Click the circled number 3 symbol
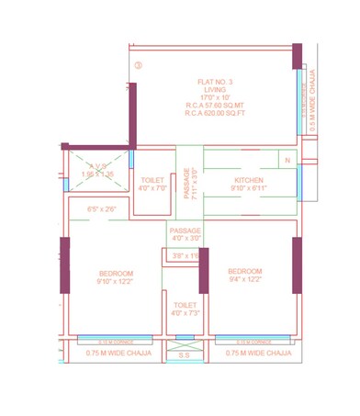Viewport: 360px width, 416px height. (138, 65)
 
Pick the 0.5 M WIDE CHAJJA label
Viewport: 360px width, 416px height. (314, 100)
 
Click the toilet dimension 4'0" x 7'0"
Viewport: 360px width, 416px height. (152, 188)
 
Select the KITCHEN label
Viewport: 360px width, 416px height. (249, 180)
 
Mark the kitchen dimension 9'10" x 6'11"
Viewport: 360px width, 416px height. (249, 189)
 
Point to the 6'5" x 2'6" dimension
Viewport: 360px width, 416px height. (101, 210)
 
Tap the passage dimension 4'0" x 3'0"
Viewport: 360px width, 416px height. (185, 239)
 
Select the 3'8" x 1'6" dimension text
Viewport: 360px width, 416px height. (185, 256)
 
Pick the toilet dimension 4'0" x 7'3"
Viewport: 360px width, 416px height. (184, 314)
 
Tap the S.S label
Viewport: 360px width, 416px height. (184, 354)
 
